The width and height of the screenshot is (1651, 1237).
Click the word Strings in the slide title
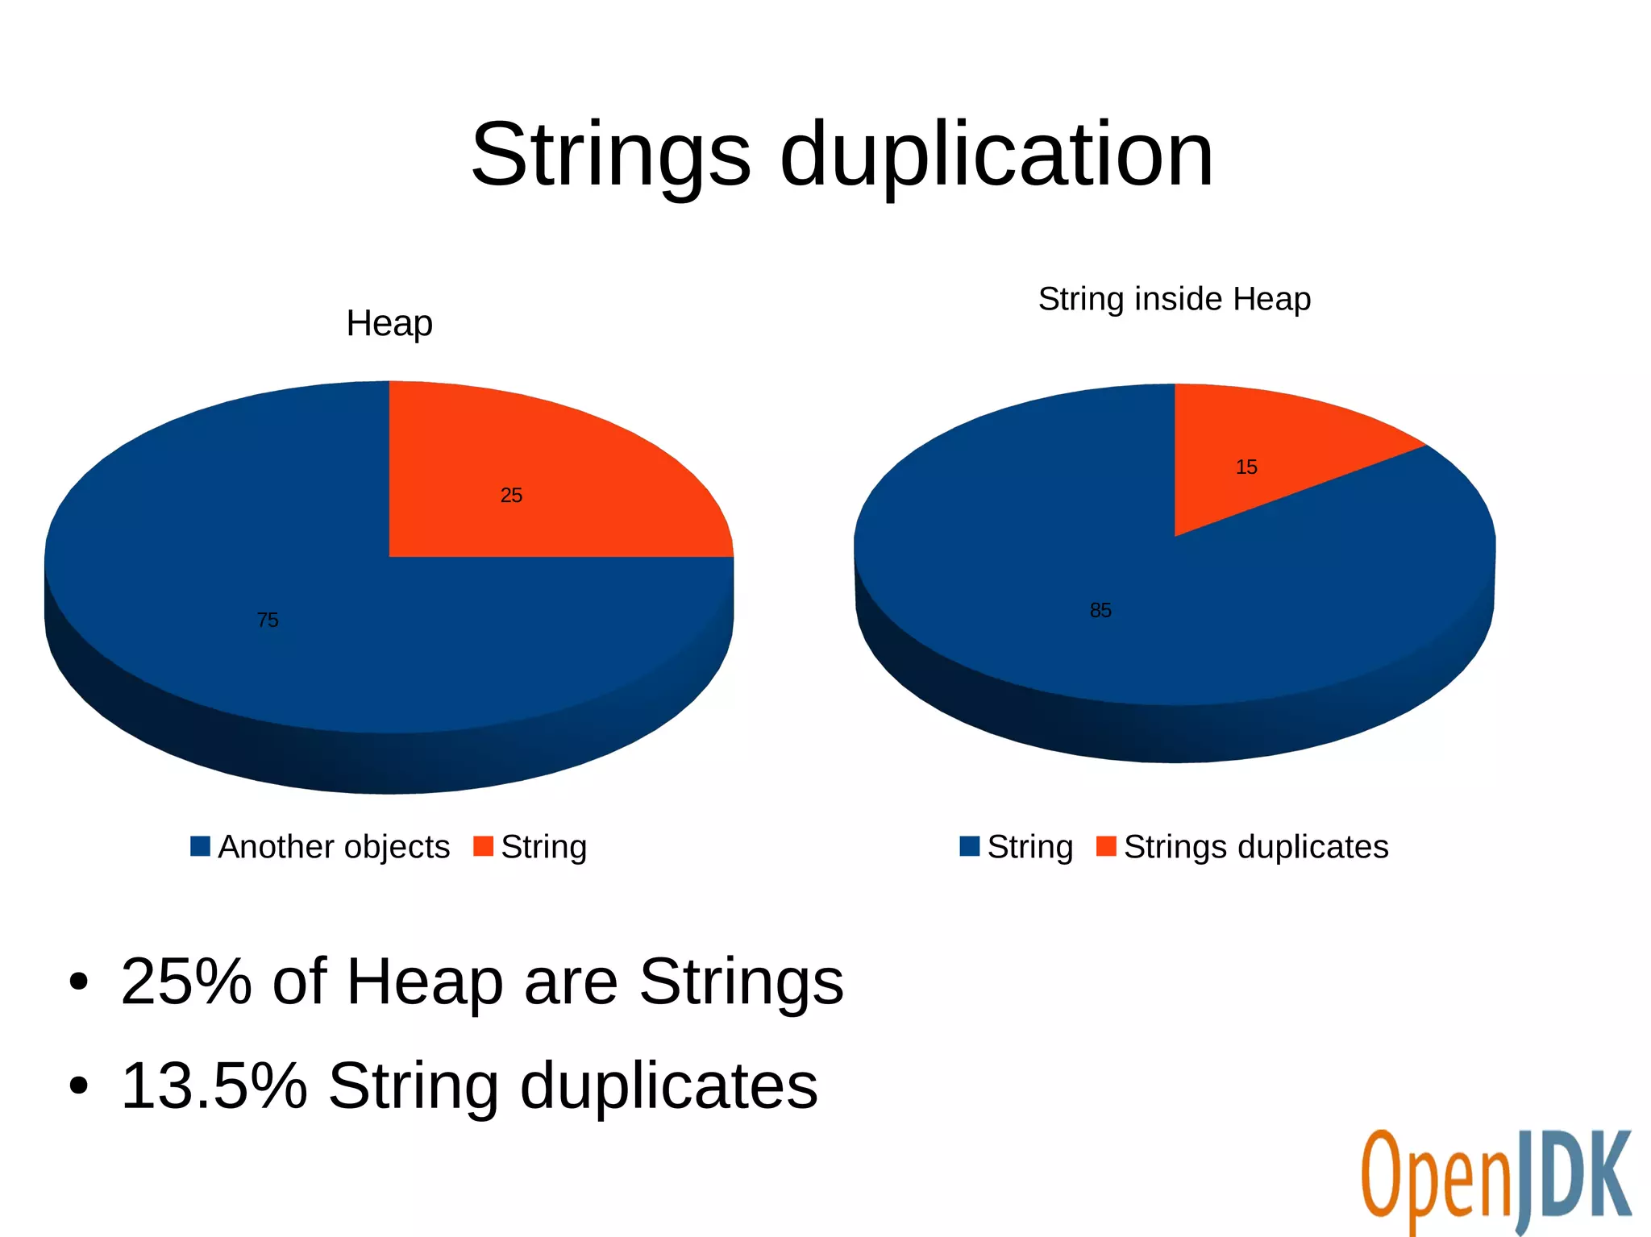(610, 155)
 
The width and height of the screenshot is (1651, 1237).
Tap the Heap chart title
(389, 324)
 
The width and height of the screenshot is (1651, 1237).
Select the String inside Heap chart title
(1174, 299)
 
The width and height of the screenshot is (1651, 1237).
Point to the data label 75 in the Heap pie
(268, 620)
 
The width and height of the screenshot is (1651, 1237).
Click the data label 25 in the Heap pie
(511, 496)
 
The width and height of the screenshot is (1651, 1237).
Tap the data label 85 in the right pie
(1100, 611)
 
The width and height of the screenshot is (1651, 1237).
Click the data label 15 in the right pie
(1246, 467)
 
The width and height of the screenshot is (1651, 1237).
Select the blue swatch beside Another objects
(200, 846)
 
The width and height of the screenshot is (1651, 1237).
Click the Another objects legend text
(334, 847)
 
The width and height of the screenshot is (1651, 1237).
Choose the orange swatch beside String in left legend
(483, 846)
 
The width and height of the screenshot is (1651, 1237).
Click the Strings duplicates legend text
(1256, 847)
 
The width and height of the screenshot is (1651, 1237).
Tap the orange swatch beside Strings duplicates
(1106, 846)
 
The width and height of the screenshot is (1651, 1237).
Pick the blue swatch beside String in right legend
(970, 846)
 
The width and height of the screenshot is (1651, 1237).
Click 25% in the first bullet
(186, 982)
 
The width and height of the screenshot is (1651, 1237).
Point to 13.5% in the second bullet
(214, 1085)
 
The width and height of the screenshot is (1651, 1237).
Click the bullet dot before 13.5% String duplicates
(78, 1086)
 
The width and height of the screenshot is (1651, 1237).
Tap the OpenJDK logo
(1495, 1181)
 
